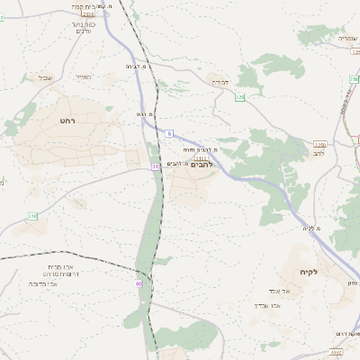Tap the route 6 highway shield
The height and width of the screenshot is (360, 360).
click(x=168, y=133)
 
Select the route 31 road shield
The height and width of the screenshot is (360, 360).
click(x=155, y=166)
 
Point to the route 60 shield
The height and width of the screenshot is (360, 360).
click(x=139, y=283)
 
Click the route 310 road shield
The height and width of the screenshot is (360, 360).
click(x=32, y=216)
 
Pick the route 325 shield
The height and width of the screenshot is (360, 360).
click(x=239, y=95)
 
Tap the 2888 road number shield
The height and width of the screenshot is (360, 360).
click(x=87, y=14)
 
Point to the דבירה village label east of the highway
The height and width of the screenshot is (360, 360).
click(x=219, y=82)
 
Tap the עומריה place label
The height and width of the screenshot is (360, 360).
click(x=347, y=38)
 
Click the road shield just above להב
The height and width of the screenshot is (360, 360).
click(x=319, y=143)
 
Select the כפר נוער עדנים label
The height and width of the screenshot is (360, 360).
click(x=84, y=29)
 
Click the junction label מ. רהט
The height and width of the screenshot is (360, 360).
click(x=146, y=115)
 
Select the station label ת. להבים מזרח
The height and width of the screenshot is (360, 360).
click(x=200, y=148)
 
